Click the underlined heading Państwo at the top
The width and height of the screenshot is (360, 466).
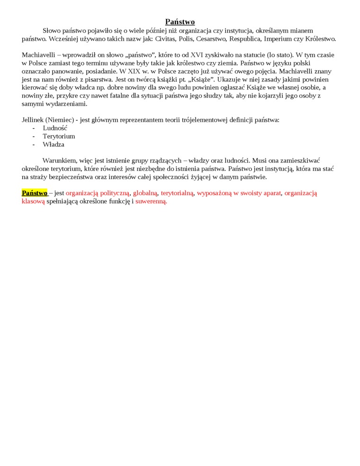[180, 22]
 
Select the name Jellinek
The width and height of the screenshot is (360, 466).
[33, 120]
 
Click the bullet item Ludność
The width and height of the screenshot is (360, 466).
[55, 128]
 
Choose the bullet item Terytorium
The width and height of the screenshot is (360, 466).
[59, 136]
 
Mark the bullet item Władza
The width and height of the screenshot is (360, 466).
[53, 144]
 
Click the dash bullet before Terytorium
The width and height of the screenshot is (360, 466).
[34, 136]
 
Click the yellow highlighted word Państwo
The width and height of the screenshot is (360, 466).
[35, 193]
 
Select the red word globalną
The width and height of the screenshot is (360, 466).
[145, 193]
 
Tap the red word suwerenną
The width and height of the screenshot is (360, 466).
[151, 201]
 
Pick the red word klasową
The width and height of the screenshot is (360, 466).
[33, 201]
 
